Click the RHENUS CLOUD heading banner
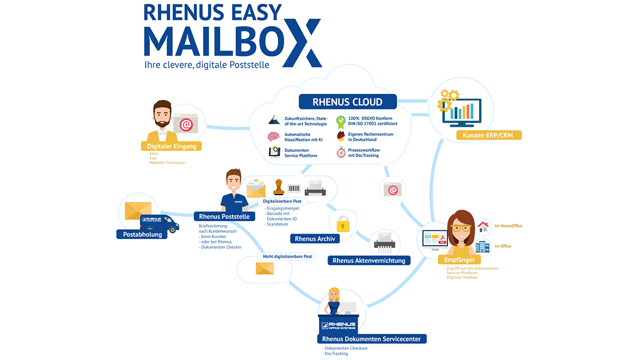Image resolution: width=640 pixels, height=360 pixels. (x=347, y=102)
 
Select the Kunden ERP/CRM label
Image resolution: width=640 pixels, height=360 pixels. (x=489, y=135)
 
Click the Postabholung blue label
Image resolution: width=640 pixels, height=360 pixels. (x=142, y=234)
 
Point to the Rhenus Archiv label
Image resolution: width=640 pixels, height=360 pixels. (x=315, y=239)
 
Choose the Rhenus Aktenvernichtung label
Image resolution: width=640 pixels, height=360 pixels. (x=369, y=261)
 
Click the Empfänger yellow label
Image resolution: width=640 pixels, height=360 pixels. (x=459, y=260)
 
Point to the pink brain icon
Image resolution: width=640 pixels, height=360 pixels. (x=274, y=137)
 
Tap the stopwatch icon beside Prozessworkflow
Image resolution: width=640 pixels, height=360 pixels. (x=341, y=153)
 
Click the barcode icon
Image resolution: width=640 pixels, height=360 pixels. (x=294, y=188)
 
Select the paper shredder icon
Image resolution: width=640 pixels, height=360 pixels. (x=385, y=242)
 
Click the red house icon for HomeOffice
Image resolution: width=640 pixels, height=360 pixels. (x=483, y=227)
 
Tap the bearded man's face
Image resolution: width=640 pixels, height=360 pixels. (x=162, y=115)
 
